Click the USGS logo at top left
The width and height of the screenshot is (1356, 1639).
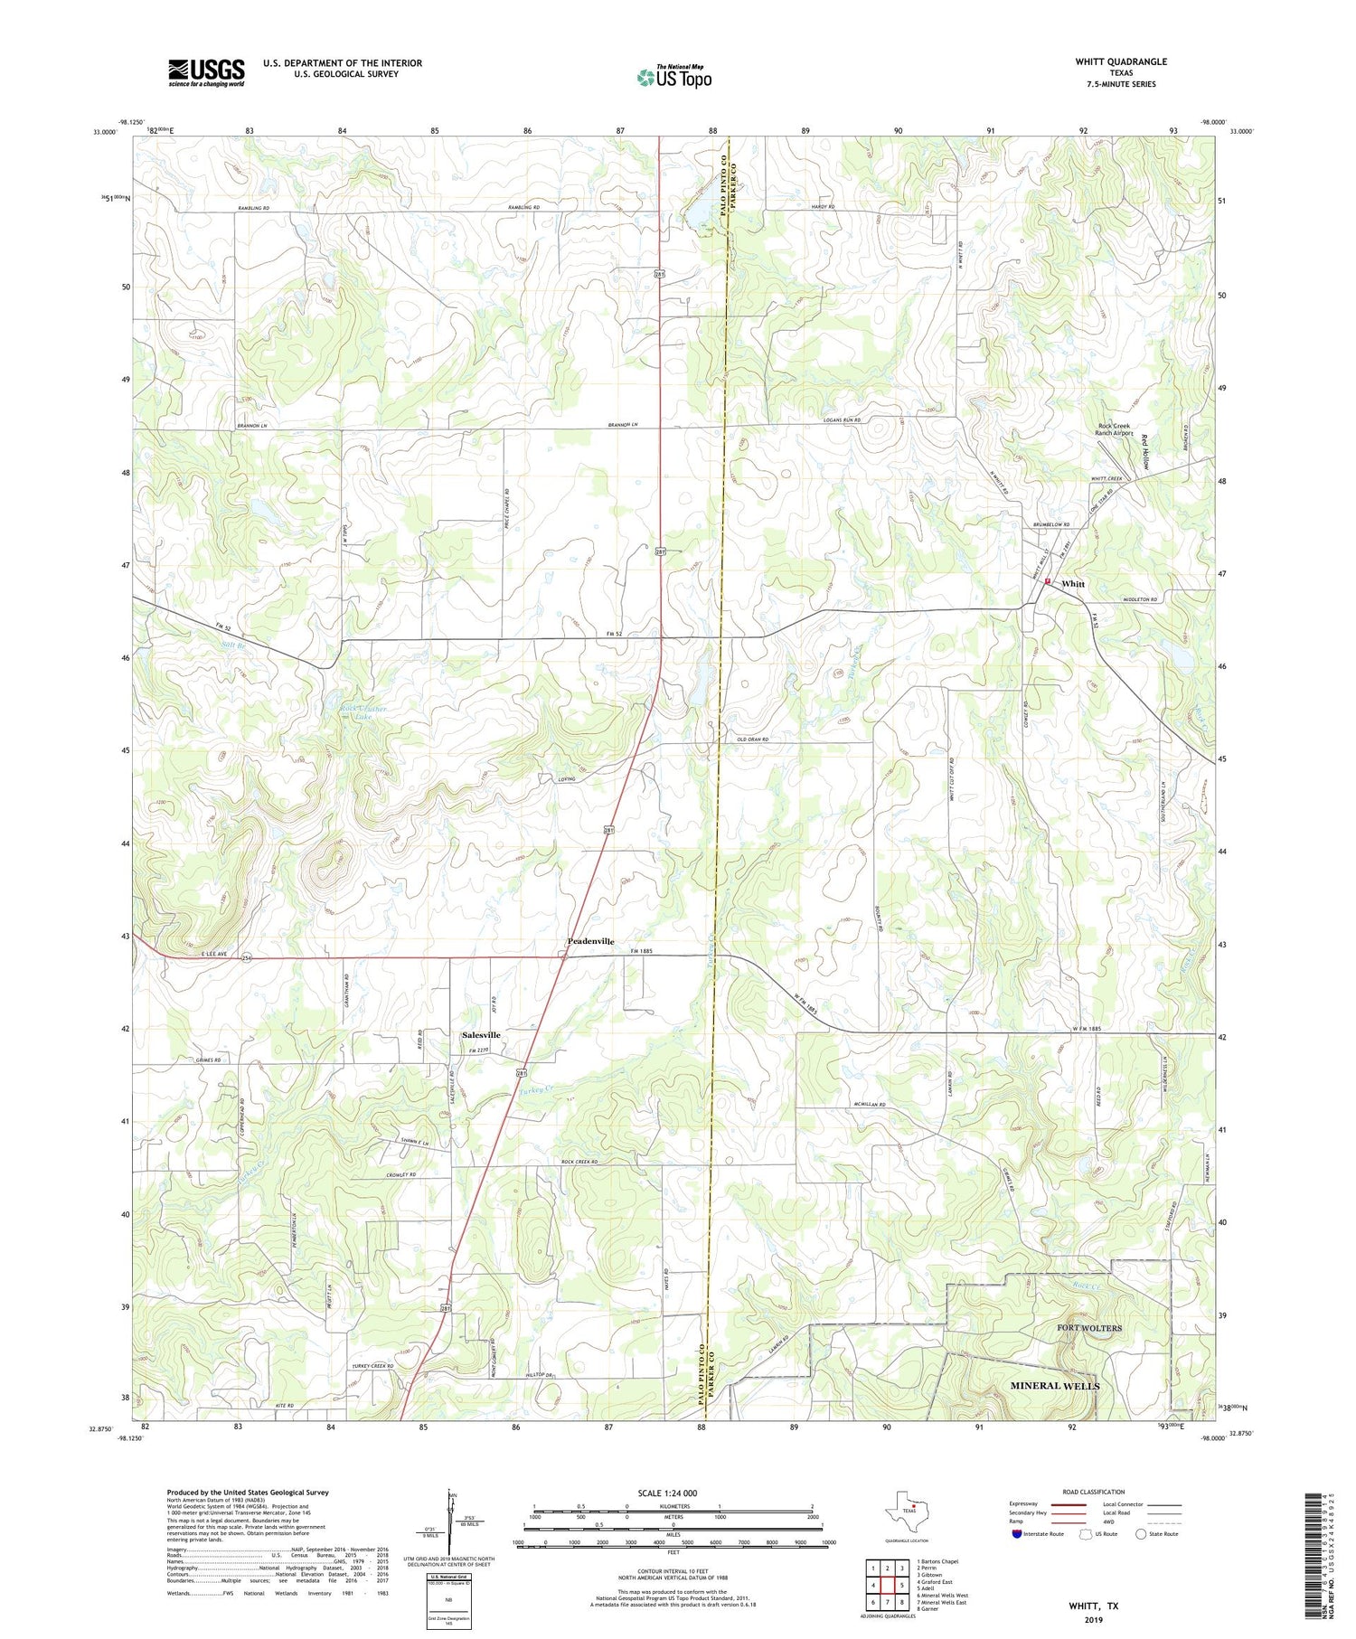pyautogui.click(x=206, y=72)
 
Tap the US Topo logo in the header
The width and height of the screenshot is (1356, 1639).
pyautogui.click(x=673, y=78)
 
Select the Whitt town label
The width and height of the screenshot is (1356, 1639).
pyautogui.click(x=1073, y=584)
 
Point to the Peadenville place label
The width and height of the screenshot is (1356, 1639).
pyautogui.click(x=590, y=941)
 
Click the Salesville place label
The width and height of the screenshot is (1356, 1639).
pyautogui.click(x=481, y=1034)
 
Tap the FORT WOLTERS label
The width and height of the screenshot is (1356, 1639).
pyautogui.click(x=1089, y=1328)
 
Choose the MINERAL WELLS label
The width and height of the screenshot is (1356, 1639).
pyautogui.click(x=1054, y=1385)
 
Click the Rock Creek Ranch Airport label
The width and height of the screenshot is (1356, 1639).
pyautogui.click(x=1114, y=429)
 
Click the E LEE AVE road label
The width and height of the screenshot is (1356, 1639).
pyautogui.click(x=193, y=955)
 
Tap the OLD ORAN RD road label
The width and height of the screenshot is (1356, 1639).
pyautogui.click(x=752, y=739)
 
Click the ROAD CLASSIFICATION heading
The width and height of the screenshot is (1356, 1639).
pyautogui.click(x=1094, y=1492)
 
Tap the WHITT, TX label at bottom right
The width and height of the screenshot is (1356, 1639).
pyautogui.click(x=1093, y=1606)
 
